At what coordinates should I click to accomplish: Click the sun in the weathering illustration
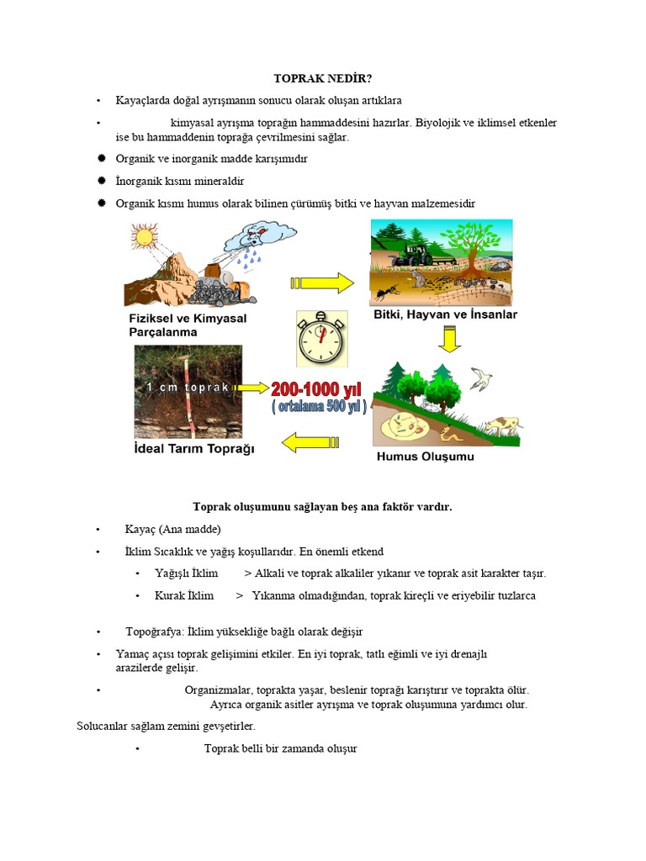click(143, 237)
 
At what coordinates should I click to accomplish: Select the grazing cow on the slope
click(502, 425)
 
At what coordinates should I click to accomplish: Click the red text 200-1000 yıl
click(315, 389)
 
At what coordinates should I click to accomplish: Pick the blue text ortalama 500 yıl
click(319, 407)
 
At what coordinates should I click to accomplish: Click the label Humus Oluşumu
click(425, 457)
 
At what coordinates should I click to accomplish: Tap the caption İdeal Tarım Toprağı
click(194, 448)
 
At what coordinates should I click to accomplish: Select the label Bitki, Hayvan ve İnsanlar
click(445, 314)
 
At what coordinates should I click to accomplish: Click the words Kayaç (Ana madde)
click(172, 530)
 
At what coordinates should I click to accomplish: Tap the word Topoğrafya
click(151, 631)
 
